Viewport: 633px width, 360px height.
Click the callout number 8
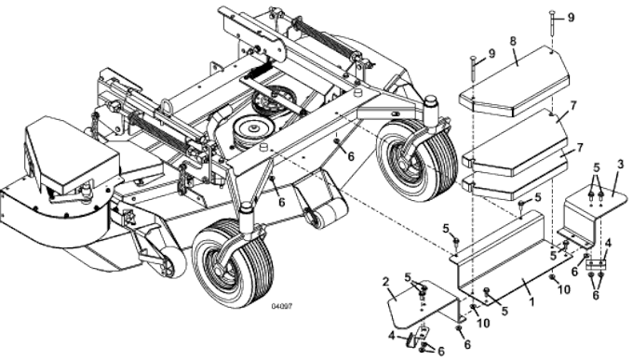512,42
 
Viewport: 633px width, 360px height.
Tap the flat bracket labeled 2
414,302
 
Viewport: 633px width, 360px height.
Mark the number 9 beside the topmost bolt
571,18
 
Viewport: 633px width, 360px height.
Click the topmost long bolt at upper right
553,28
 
